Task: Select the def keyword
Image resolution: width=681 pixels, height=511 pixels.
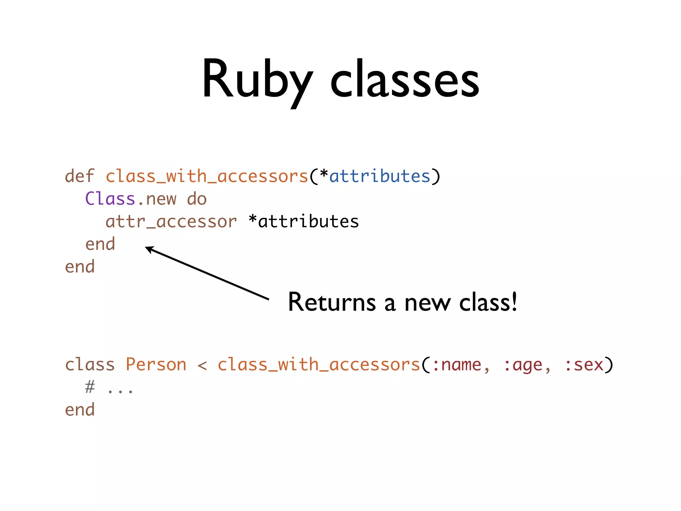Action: [79, 176]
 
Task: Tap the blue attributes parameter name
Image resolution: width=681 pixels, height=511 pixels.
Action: [380, 176]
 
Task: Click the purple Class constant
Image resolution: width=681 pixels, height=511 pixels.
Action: [110, 199]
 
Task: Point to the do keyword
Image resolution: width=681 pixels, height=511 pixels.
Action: [197, 199]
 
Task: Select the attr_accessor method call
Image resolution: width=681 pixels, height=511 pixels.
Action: [171, 222]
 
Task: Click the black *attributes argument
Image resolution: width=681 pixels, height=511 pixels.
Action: [304, 222]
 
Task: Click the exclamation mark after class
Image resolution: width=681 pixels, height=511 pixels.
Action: [514, 301]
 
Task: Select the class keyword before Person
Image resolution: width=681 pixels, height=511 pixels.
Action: [90, 364]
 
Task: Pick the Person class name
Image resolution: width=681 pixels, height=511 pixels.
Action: [156, 364]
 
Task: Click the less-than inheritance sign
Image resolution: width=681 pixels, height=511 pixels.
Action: [202, 365]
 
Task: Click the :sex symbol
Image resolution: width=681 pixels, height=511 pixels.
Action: [584, 365]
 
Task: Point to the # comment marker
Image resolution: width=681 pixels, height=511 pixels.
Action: [90, 387]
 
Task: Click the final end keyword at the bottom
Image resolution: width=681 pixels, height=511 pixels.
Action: [80, 410]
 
